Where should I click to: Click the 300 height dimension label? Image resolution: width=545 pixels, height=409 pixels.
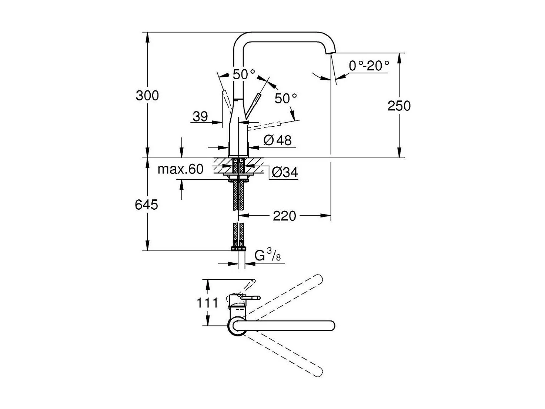click(x=147, y=96)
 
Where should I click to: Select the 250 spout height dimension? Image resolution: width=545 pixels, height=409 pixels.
click(x=399, y=106)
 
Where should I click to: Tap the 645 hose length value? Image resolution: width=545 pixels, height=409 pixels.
click(x=146, y=204)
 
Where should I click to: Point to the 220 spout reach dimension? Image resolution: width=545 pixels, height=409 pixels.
click(x=284, y=216)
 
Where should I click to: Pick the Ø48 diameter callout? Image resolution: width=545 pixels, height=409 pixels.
click(x=278, y=140)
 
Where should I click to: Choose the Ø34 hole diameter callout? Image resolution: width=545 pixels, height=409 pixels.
click(x=284, y=172)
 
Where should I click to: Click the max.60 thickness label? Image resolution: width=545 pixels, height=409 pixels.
click(x=180, y=169)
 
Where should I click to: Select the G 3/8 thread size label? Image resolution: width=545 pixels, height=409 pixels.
click(x=267, y=256)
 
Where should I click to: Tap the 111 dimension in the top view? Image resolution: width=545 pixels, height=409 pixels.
click(x=207, y=303)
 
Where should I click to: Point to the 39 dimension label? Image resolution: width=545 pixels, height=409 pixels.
click(x=200, y=117)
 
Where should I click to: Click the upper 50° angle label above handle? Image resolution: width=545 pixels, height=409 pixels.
click(x=244, y=74)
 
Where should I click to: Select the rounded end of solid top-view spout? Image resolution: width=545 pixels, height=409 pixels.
click(x=331, y=325)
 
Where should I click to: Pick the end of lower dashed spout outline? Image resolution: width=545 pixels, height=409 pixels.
click(x=318, y=372)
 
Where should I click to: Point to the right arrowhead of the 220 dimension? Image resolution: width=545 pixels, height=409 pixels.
click(x=327, y=215)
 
